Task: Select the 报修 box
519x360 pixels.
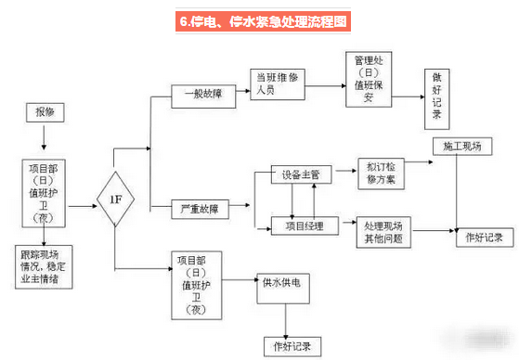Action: pos(45,113)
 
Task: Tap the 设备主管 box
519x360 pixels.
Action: pos(302,174)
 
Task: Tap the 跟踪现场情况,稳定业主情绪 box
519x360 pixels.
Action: pos(45,266)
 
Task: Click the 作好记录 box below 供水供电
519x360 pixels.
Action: pos(288,345)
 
